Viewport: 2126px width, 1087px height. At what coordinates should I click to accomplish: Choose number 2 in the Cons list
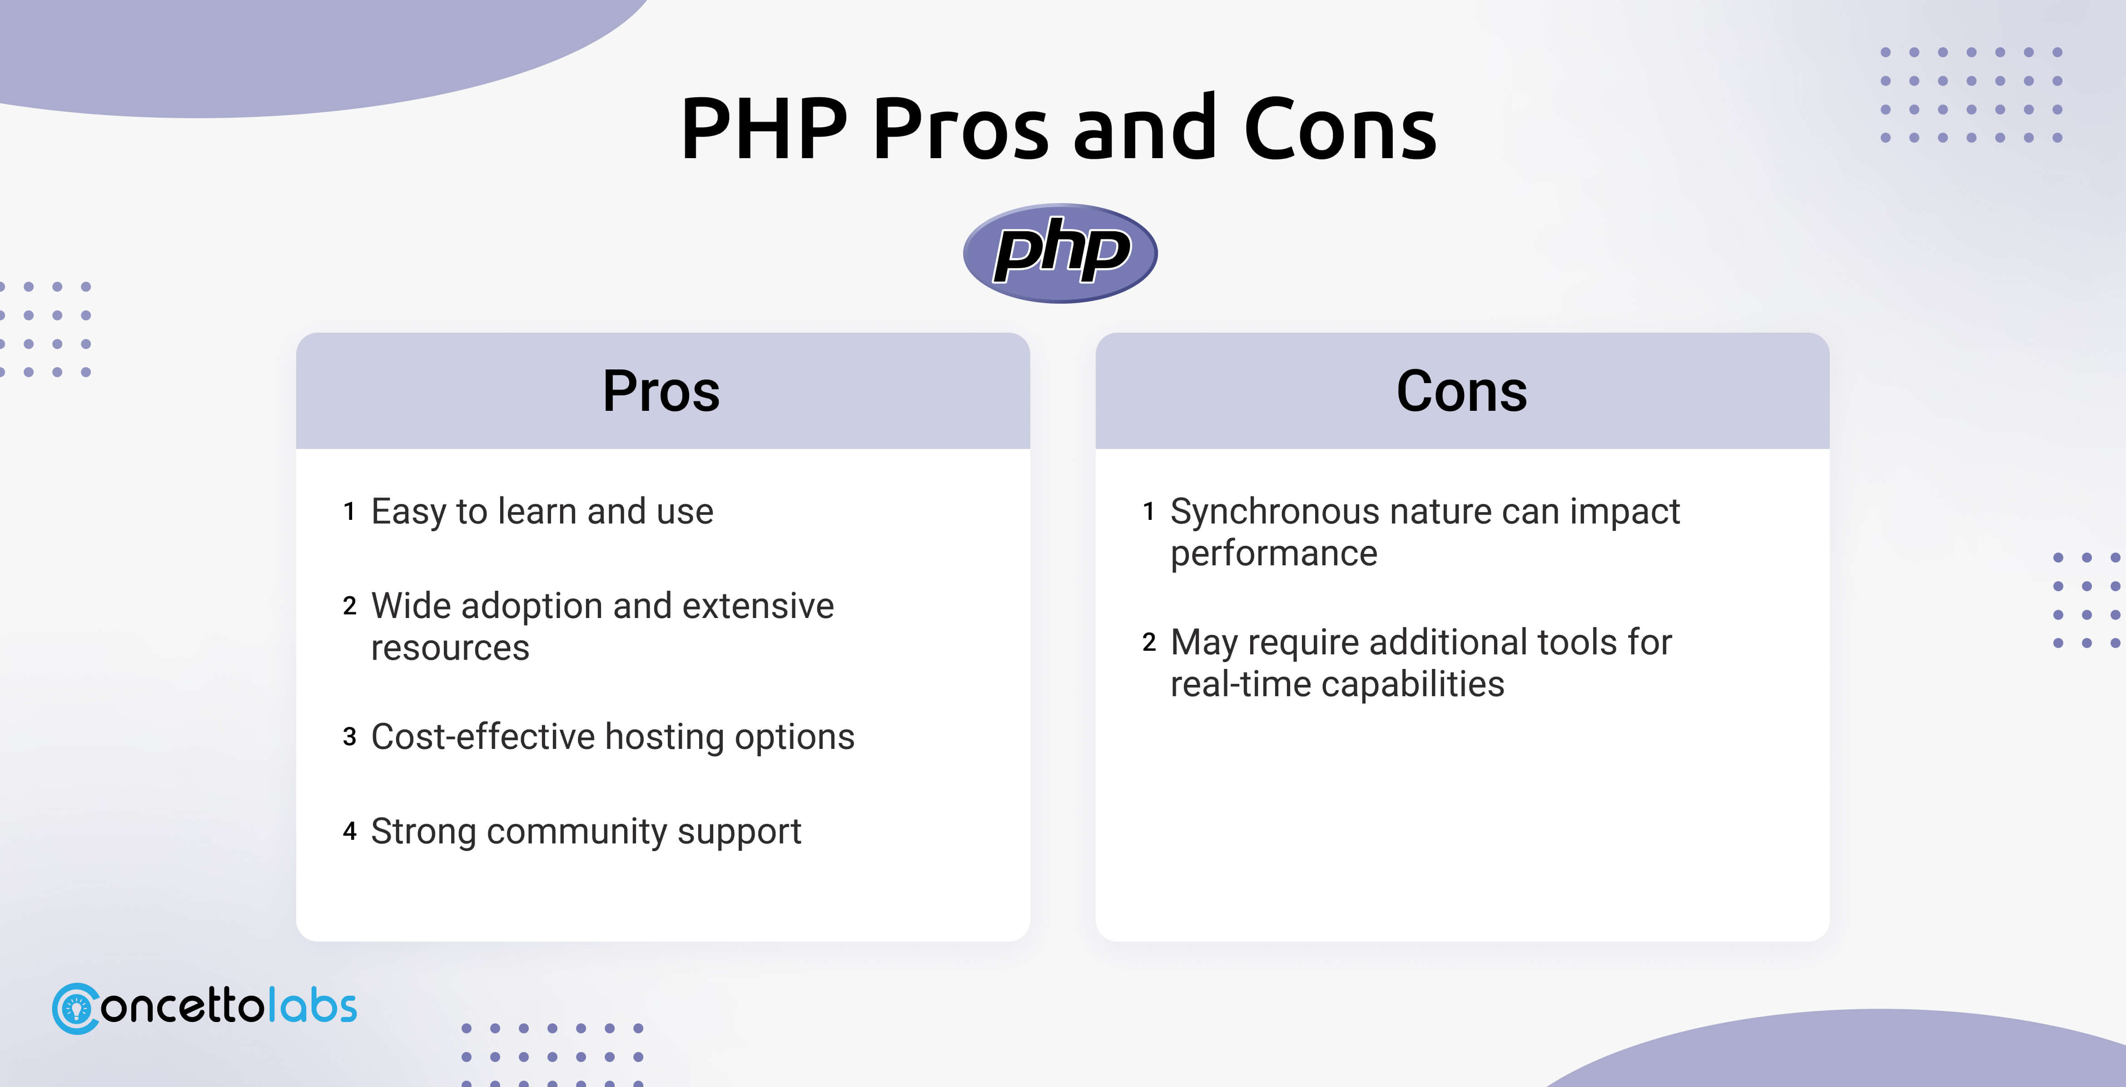click(x=1149, y=642)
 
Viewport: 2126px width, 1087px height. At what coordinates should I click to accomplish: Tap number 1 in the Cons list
click(x=1148, y=512)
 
